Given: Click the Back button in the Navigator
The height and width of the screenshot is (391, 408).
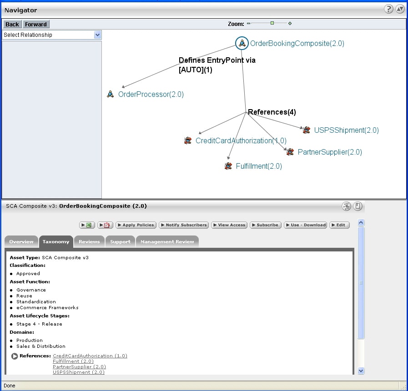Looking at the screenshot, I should click(12, 24).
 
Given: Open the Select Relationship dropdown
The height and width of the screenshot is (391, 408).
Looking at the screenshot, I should click(52, 35).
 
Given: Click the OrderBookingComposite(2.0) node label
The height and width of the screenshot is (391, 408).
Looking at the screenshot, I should click(297, 44).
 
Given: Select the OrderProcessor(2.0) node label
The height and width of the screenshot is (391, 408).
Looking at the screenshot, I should click(151, 95).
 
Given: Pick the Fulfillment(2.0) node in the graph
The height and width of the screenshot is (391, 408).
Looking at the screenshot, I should click(258, 166).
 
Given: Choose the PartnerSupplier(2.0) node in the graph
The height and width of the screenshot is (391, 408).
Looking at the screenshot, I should click(329, 152).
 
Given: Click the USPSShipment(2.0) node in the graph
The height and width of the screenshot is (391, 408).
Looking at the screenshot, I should click(346, 130).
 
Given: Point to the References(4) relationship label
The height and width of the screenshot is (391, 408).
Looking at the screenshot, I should click(272, 112).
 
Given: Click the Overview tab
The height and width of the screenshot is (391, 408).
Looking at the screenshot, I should click(21, 242).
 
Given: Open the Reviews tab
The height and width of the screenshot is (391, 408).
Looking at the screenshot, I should click(89, 242).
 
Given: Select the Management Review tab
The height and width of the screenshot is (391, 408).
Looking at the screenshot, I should click(167, 242).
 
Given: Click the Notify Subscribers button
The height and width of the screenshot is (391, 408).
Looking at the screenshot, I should click(184, 225).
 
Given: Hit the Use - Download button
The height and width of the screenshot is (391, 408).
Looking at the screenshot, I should click(305, 225).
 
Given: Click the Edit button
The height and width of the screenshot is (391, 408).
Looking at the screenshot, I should click(339, 225).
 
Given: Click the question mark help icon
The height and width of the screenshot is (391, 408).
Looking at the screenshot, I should click(388, 9).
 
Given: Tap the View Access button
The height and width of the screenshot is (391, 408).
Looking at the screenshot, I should click(229, 225).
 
